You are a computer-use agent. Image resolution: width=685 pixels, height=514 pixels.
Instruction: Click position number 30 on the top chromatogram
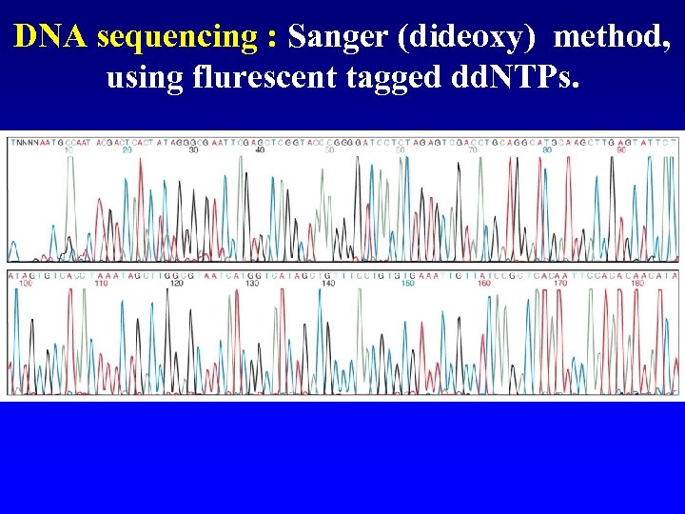tap(194, 149)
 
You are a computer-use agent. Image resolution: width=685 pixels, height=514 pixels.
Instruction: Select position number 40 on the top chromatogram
tap(261, 149)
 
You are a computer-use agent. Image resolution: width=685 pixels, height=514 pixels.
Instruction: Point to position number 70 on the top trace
tap(473, 149)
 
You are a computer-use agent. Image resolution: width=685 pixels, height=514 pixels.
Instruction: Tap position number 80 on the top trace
tap(546, 149)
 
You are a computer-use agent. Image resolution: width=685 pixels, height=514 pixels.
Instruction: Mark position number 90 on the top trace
tap(620, 149)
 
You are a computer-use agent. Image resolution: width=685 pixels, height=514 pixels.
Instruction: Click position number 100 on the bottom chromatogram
tap(26, 284)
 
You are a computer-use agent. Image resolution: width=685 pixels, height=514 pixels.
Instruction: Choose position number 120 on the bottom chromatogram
tap(176, 284)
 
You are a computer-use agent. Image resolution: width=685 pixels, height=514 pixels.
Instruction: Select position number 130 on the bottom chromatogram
tap(252, 284)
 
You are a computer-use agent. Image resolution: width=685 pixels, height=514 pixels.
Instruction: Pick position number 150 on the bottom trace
tap(407, 284)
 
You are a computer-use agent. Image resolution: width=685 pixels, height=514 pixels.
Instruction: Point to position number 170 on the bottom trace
tap(559, 284)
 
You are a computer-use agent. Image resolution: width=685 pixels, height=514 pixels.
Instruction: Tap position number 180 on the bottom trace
tap(636, 284)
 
